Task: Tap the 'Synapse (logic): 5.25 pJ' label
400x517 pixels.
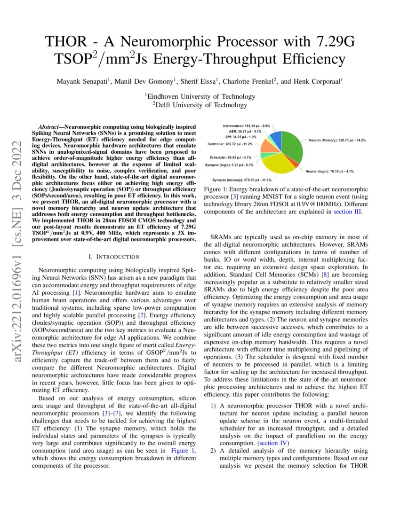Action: click(x=229, y=165)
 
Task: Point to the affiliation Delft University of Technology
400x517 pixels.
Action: click(x=200, y=105)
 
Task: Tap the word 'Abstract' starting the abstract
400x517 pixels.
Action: click(x=49, y=127)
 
